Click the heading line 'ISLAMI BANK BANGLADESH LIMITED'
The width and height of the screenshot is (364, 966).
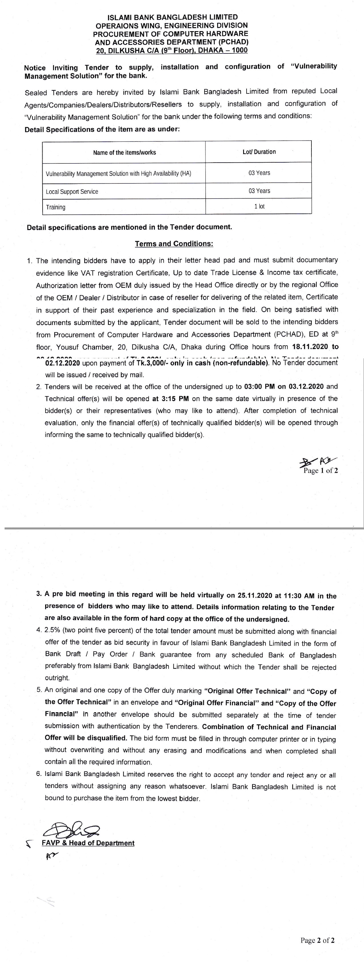coord(173,17)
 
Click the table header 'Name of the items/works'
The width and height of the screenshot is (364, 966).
coord(125,153)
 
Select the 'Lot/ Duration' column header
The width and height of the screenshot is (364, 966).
coord(259,152)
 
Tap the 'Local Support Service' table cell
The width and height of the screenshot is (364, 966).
coord(72,191)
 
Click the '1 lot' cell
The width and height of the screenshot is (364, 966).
coord(259,207)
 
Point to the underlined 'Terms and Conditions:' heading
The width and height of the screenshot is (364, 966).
coord(174,244)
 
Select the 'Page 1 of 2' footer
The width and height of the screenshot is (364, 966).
coord(321,471)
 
